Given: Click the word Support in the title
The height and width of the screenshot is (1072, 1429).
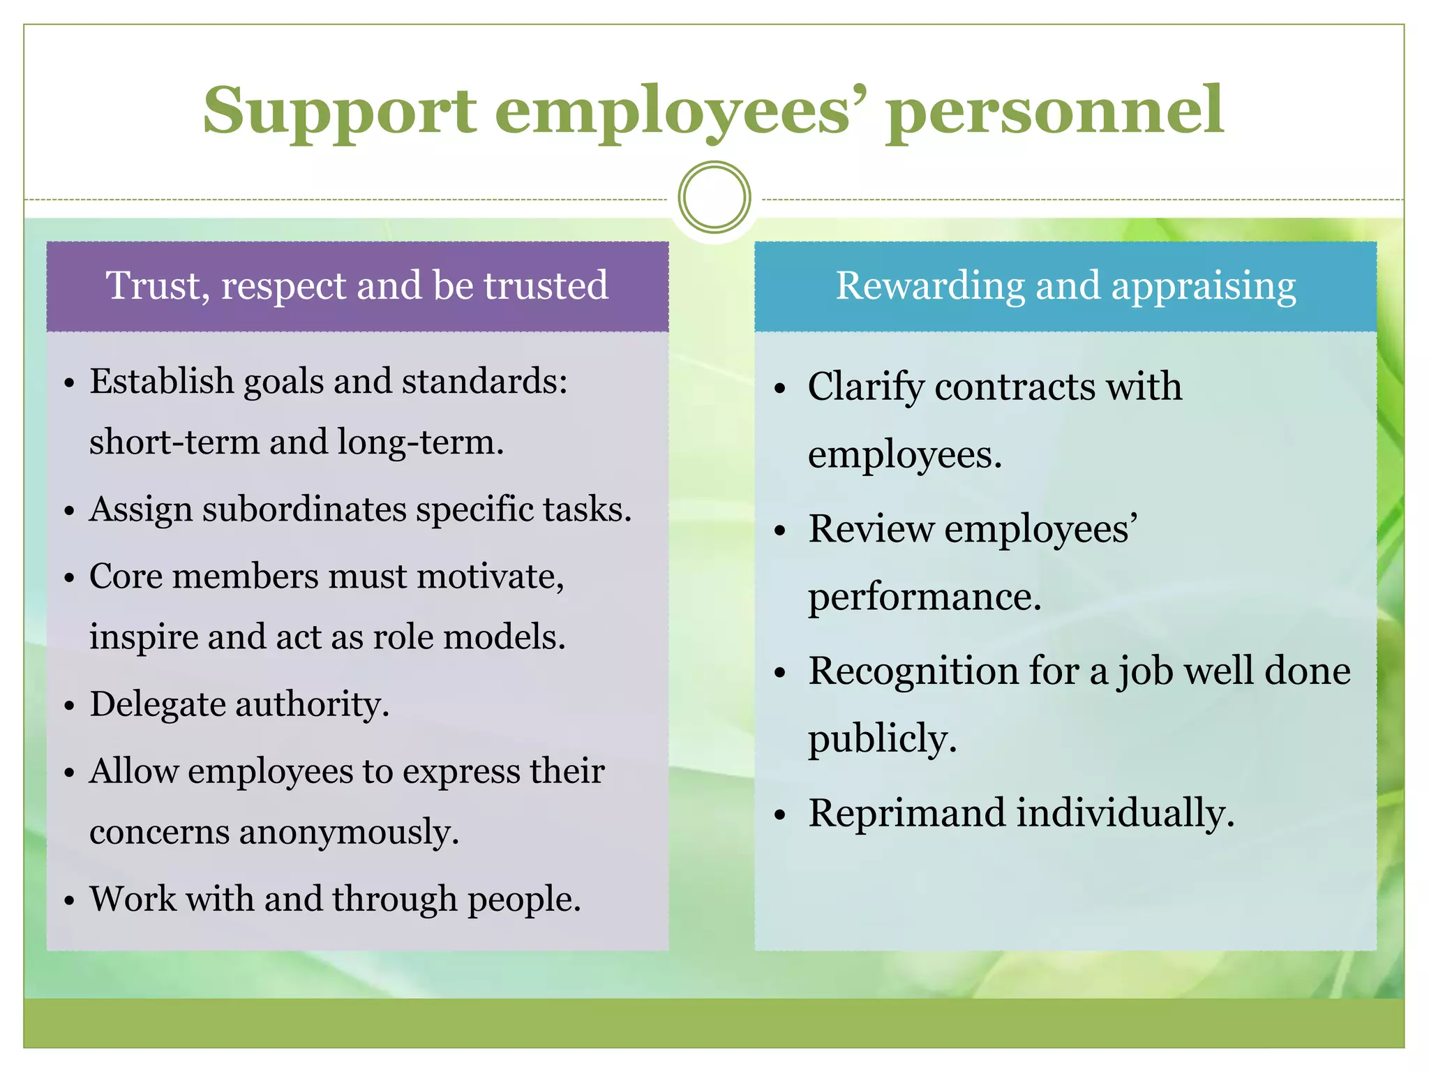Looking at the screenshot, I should click(x=340, y=112).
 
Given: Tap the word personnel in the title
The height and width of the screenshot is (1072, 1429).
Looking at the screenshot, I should click(x=1056, y=112).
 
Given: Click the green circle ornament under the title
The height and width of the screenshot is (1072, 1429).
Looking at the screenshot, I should click(x=714, y=198).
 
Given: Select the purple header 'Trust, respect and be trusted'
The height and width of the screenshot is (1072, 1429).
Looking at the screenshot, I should click(x=357, y=286).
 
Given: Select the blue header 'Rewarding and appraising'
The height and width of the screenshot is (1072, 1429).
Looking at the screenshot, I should click(x=1065, y=286).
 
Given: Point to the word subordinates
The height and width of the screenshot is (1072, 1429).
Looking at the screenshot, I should click(x=305, y=509).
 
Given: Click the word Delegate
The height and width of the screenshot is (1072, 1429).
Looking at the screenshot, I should click(x=157, y=703).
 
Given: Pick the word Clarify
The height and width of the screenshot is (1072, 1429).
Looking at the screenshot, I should click(x=865, y=387).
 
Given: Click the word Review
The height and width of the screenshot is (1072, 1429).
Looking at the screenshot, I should click(x=871, y=528).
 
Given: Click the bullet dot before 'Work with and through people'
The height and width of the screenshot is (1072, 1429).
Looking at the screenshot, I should click(x=68, y=901).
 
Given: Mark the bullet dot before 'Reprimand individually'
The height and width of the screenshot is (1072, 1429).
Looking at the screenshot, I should click(x=780, y=815).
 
